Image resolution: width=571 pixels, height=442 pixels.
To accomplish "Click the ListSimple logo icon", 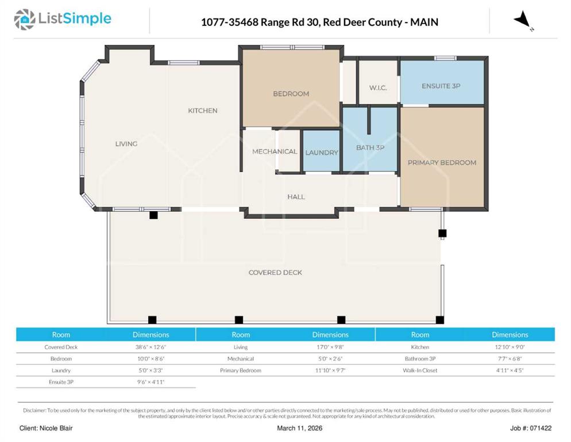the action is (x=24, y=20).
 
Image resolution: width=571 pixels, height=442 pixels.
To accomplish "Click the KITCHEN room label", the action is (x=202, y=110).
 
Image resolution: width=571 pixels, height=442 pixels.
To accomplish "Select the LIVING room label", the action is (x=126, y=144).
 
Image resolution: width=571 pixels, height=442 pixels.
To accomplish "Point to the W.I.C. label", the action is (x=378, y=88).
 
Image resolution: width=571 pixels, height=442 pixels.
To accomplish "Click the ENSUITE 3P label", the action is (x=441, y=86).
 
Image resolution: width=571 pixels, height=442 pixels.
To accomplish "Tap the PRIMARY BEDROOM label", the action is (x=442, y=163).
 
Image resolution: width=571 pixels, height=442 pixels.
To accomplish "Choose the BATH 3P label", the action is (x=370, y=148).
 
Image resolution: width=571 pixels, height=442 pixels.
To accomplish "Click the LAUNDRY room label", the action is (x=322, y=153).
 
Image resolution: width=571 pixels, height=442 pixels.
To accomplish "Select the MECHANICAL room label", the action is (x=275, y=151).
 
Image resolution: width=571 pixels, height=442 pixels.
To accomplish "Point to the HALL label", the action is (x=296, y=197).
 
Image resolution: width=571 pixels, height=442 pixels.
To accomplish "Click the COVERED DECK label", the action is (x=275, y=273).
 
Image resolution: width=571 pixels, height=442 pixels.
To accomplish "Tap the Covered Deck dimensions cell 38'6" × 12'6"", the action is (x=151, y=347).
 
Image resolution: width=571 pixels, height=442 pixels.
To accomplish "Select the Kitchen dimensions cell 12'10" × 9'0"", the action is (x=510, y=347).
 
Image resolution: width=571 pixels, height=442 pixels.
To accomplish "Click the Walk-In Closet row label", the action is (x=420, y=371).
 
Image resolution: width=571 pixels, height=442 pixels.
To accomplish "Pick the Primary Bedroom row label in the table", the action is (x=240, y=371).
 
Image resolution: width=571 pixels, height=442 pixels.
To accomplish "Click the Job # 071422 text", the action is (x=531, y=428).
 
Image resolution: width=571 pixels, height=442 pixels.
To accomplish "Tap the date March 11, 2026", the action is (x=299, y=428).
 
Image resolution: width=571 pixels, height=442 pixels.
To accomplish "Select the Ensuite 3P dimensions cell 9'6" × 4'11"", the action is (x=151, y=382).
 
